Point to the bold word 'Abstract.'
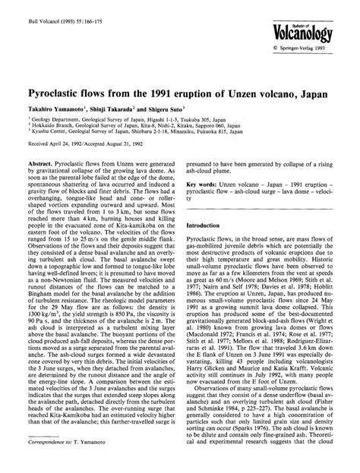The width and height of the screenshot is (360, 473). (x=39, y=162)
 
